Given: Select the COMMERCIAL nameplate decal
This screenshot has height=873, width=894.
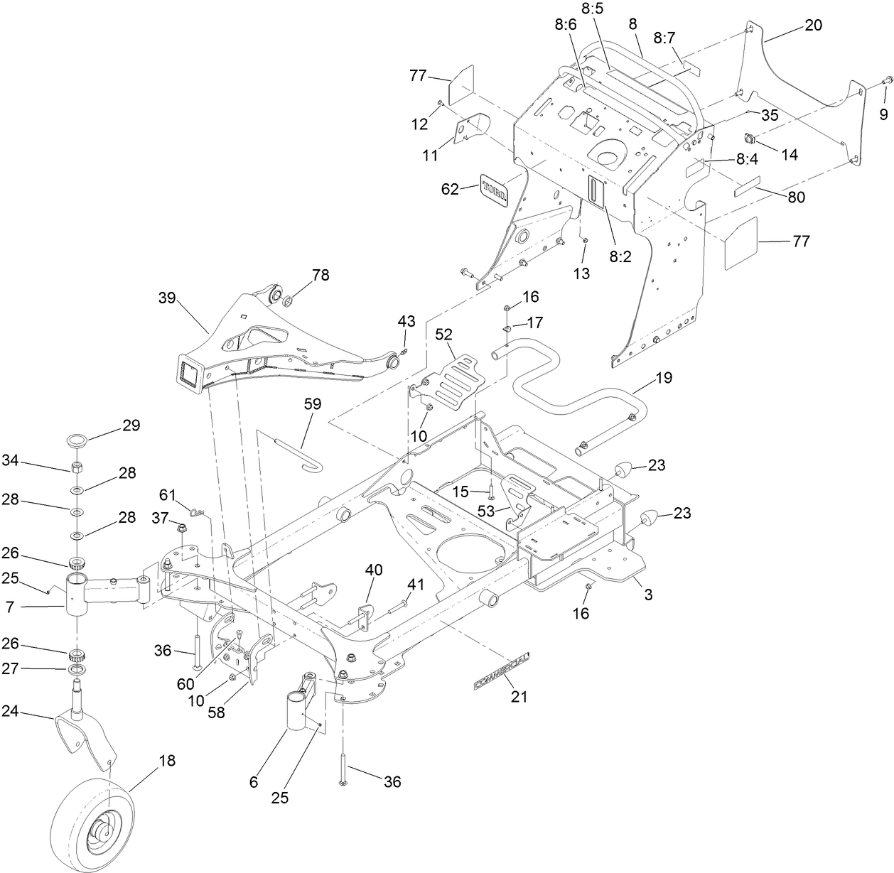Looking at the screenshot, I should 501,672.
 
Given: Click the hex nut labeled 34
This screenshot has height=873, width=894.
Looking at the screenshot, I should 77,469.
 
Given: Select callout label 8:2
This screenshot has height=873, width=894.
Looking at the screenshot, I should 620,256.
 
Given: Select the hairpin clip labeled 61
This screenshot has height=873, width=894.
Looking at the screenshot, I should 198,509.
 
